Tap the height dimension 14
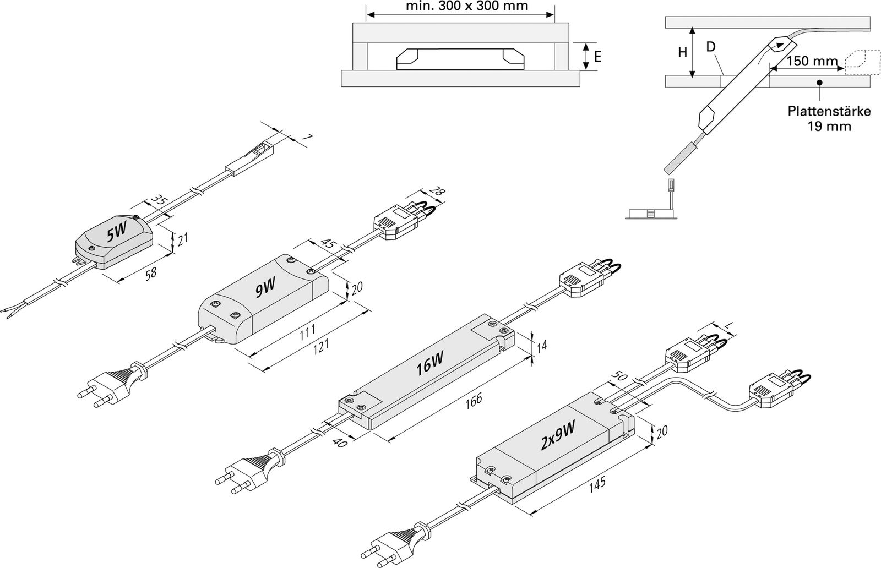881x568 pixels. tap(542, 346)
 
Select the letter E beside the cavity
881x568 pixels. tap(598, 56)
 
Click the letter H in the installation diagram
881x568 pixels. tap(682, 53)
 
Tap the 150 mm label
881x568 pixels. tap(812, 61)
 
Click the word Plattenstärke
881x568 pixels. tap(829, 112)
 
